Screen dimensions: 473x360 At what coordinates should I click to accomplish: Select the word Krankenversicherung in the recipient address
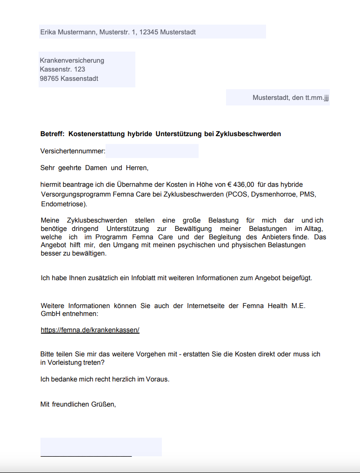point(72,60)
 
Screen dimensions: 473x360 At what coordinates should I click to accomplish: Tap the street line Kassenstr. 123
point(62,69)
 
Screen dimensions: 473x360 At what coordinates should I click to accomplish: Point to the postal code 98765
point(49,79)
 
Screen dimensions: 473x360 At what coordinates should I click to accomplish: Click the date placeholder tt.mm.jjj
point(317,98)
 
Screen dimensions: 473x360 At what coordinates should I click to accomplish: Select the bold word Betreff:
point(52,134)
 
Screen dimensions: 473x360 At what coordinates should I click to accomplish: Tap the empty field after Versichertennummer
point(152,151)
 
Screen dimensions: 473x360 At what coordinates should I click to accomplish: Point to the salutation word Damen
point(96,168)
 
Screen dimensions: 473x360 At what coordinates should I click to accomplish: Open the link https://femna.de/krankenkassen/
point(90,330)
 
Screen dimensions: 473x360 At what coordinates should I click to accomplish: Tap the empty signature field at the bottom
point(101,447)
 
